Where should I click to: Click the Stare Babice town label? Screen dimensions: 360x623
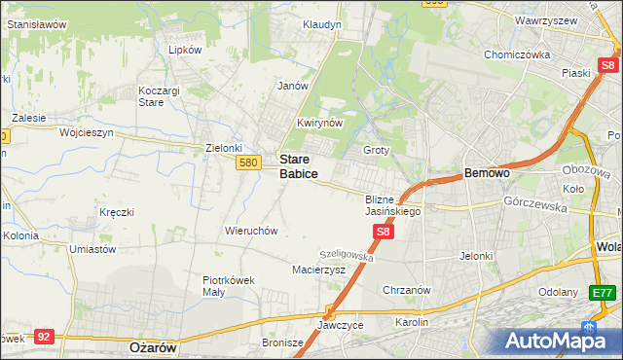coord(298,165)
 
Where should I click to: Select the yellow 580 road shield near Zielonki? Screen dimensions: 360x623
coord(247,162)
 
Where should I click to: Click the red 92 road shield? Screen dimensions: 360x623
coord(43,336)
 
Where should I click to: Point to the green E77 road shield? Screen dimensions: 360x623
coord(604,292)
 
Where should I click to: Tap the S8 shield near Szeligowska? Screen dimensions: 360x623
coord(384,232)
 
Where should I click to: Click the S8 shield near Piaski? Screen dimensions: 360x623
coord(609,66)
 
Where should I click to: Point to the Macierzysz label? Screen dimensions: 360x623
coord(318,270)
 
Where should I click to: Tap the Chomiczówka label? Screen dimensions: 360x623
coord(518,54)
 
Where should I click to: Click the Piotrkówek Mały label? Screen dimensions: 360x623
coord(229,285)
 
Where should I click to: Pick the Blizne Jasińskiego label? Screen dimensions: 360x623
coord(391,204)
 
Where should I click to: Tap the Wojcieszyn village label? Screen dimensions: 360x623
coord(87,131)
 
